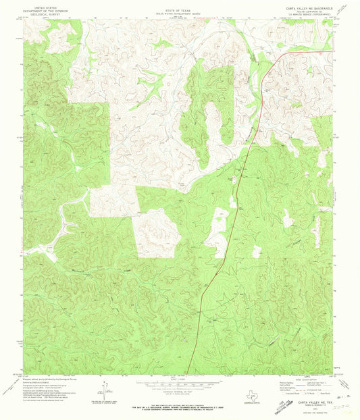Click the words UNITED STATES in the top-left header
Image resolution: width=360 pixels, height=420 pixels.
(42, 3)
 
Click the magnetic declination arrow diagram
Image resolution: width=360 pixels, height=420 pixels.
(105, 390)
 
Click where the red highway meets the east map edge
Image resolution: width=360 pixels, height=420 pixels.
(332, 51)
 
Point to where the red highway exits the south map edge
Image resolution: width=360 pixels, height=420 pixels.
(186, 373)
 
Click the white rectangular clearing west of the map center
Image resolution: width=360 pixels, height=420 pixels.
(113, 201)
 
